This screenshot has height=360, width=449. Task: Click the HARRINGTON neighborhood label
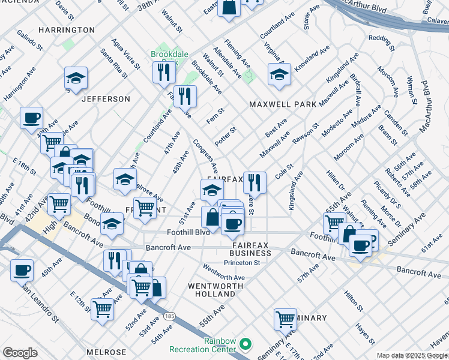pyautogui.click(x=66, y=29)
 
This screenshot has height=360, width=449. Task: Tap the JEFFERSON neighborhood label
pyautogui.click(x=106, y=98)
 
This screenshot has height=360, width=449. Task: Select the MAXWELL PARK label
pyautogui.click(x=283, y=104)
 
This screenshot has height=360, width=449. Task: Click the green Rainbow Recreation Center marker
pyautogui.click(x=245, y=344)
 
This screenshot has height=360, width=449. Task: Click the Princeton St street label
pyautogui.click(x=242, y=263)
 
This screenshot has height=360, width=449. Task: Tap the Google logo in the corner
pyautogui.click(x=20, y=353)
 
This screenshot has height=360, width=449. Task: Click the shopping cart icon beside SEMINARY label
pyautogui.click(x=285, y=319)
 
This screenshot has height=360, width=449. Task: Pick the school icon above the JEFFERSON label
pyautogui.click(x=76, y=79)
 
